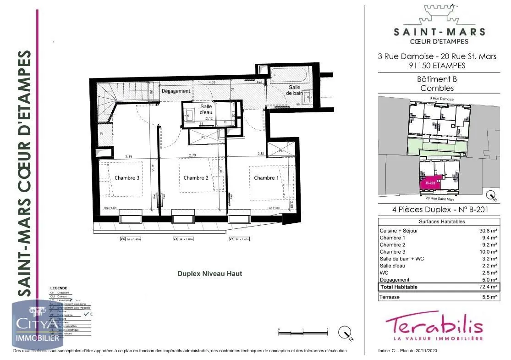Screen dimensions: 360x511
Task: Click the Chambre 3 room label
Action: [127, 178]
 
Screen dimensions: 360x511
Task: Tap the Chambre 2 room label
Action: [196, 178]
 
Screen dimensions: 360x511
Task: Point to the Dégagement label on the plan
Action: [176, 91]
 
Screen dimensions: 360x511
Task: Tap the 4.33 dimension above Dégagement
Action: [212, 82]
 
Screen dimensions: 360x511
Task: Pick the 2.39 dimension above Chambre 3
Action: [130, 156]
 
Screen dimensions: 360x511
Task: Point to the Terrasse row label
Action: [390, 297]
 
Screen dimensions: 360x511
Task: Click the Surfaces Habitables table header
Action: [439, 222]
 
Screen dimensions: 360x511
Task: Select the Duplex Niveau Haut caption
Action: [209, 274]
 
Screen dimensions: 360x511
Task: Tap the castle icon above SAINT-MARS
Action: [439, 15]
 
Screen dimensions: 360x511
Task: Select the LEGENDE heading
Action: [58, 288]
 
